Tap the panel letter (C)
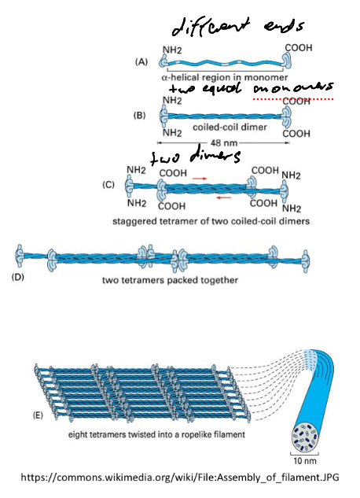pos(109,187)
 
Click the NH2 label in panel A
pos(172,48)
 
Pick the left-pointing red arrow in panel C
pos(228,199)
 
